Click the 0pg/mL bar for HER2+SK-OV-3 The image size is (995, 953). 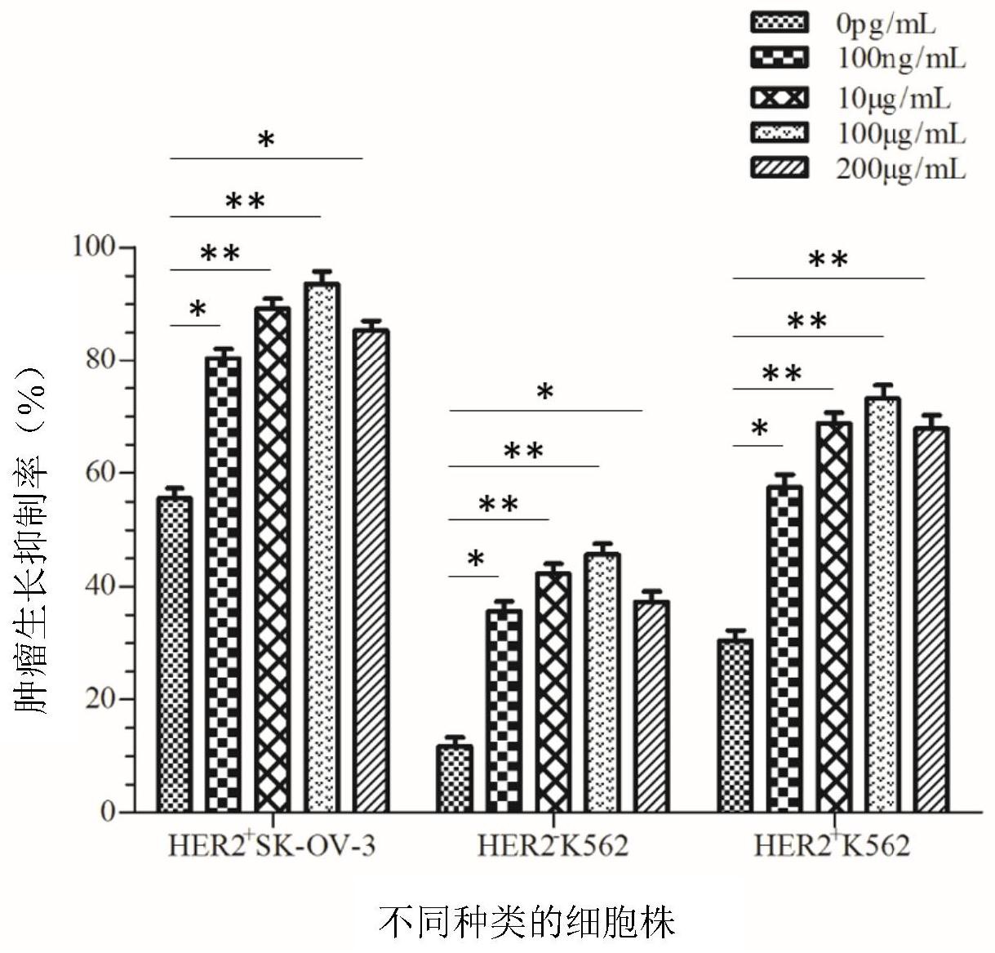tap(175, 653)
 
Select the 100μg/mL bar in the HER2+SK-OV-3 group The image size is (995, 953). tap(322, 547)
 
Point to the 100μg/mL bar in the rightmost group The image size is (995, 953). tap(882, 604)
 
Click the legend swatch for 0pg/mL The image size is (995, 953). tap(779, 23)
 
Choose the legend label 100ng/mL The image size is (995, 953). tap(901, 58)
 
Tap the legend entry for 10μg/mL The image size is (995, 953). tap(894, 98)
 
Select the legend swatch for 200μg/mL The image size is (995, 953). tap(779, 169)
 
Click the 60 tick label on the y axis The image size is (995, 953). tap(103, 473)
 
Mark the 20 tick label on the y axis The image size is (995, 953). tap(103, 699)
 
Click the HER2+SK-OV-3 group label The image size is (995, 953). tap(272, 845)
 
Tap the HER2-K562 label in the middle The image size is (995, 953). tap(553, 845)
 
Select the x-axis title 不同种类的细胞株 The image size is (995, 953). tap(526, 924)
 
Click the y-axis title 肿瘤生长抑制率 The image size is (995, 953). tap(33, 540)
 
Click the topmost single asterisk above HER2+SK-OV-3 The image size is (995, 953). tap(266, 140)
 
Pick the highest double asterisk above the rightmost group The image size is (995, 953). tap(828, 261)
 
